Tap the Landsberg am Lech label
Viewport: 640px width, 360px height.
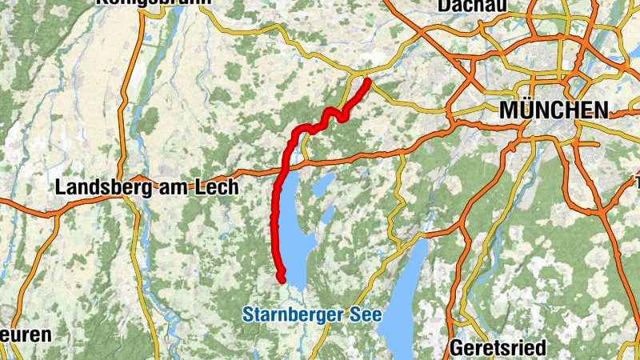[147, 187]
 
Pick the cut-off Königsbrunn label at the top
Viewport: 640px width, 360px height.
[154, 3]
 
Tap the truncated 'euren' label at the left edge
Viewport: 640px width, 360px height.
[26, 334]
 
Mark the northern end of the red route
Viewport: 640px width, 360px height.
[367, 80]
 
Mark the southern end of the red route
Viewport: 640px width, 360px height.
[282, 278]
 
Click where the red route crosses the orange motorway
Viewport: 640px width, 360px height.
[285, 167]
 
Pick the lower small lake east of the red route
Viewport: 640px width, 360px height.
[327, 214]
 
